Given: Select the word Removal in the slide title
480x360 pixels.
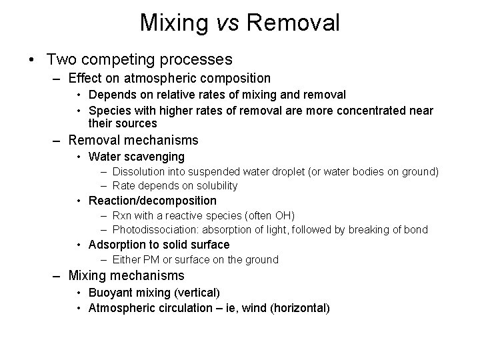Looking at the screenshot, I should (293, 23).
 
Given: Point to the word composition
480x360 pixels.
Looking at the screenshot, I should (233, 78).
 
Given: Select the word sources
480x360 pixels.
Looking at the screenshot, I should (137, 123).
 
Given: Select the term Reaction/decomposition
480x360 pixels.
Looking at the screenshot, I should (153, 201).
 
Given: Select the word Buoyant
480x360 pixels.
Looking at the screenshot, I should (109, 293).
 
